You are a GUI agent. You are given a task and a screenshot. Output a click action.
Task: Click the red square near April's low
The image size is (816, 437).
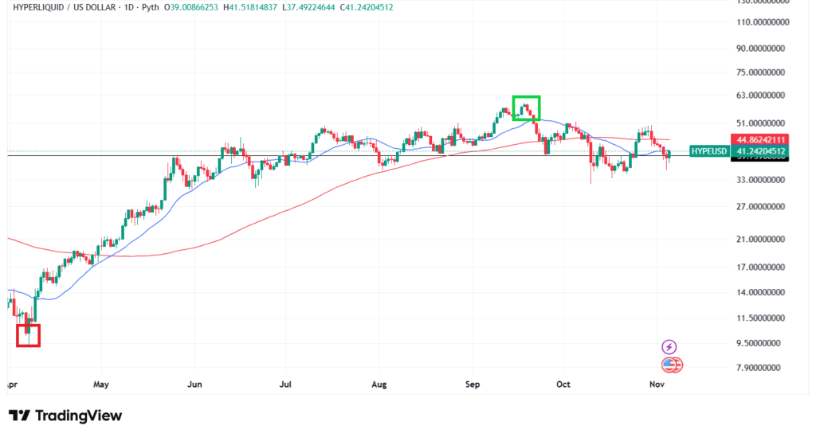28,335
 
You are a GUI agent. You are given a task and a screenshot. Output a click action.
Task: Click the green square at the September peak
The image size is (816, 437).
526,107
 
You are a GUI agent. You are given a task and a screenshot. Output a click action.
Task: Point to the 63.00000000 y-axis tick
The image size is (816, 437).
756,96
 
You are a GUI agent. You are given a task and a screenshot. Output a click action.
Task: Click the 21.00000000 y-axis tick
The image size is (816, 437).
756,240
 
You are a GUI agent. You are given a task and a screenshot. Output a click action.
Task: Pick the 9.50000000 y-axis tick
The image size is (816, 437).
756,344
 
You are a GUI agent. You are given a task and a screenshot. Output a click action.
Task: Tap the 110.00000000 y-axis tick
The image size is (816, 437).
756,23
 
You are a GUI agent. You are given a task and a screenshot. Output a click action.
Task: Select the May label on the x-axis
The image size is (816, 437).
100,384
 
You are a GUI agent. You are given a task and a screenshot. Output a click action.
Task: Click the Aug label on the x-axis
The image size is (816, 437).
379,384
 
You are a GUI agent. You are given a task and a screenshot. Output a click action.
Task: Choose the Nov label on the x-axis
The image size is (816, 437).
657,384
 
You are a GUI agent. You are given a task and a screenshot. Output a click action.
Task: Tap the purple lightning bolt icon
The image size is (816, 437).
669,347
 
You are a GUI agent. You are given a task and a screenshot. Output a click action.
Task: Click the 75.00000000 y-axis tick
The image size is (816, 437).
756,72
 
